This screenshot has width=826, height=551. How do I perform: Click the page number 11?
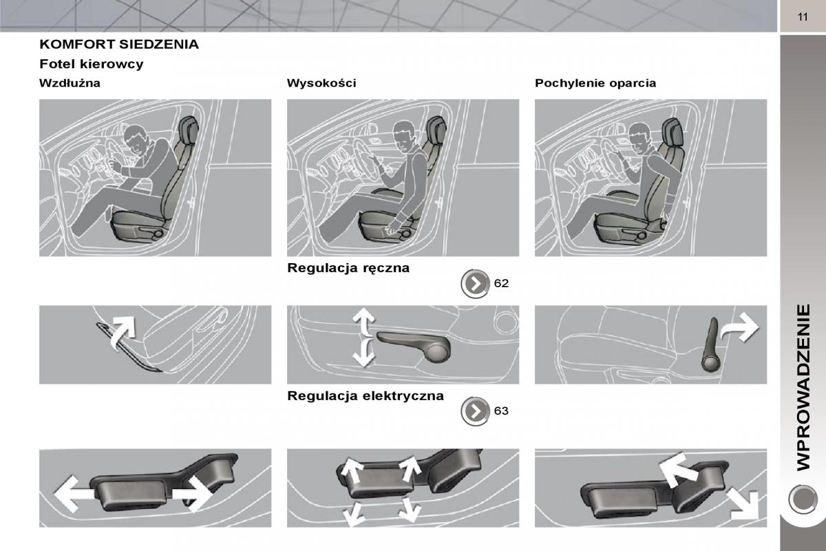pyautogui.click(x=803, y=17)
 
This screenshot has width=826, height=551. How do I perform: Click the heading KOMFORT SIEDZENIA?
pyautogui.click(x=119, y=44)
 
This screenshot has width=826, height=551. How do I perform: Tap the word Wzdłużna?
pyautogui.click(x=70, y=83)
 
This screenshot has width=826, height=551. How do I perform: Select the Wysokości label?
pyautogui.click(x=321, y=83)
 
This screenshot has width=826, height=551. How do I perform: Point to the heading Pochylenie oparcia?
pyautogui.click(x=595, y=83)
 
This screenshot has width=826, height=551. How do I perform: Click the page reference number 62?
pyautogui.click(x=501, y=283)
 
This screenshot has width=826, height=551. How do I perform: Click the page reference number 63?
pyautogui.click(x=501, y=410)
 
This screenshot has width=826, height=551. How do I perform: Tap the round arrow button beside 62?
pyautogui.click(x=475, y=284)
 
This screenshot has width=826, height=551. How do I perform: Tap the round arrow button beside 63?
pyautogui.click(x=475, y=411)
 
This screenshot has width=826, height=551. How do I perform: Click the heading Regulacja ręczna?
pyautogui.click(x=348, y=268)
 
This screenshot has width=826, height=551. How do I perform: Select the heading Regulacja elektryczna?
pyautogui.click(x=366, y=395)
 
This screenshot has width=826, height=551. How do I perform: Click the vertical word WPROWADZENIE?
pyautogui.click(x=803, y=388)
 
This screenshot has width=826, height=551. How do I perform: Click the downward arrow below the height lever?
pyautogui.click(x=364, y=353)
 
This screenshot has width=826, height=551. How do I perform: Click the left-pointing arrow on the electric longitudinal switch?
pyautogui.click(x=72, y=494)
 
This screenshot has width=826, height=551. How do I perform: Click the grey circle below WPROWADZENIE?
pyautogui.click(x=803, y=499)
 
